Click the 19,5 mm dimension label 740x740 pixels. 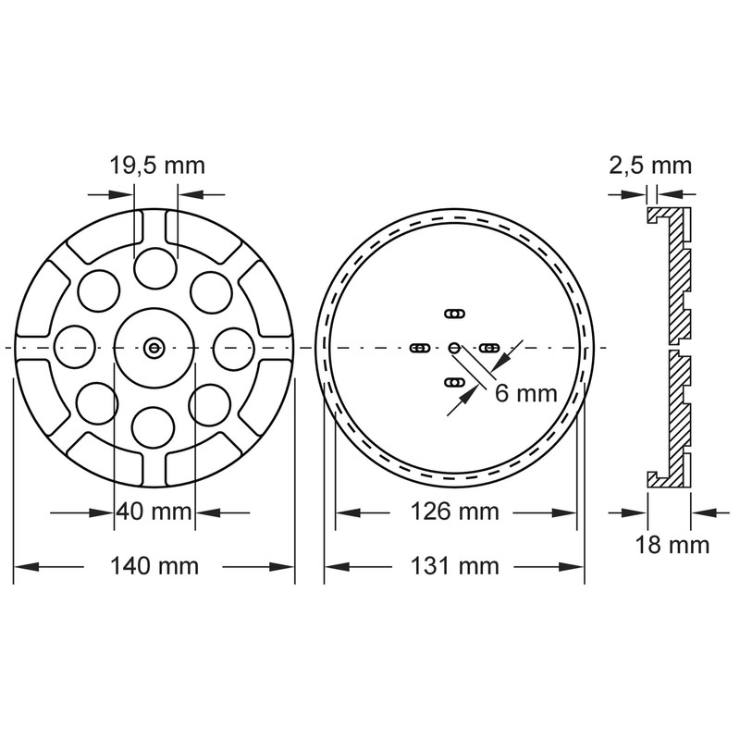pos(156,166)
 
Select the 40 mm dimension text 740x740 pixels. pos(154,512)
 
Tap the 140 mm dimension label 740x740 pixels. pos(154,565)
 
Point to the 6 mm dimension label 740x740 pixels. pos(525,393)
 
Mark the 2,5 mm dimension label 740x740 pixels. pos(650,166)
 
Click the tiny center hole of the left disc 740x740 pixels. pos(154,347)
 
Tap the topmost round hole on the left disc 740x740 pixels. pos(154,267)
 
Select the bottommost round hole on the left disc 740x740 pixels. pos(154,426)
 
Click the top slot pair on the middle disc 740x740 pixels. pos(453,314)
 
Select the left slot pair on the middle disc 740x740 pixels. pos(419,348)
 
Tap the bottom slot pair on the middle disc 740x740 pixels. pos(453,382)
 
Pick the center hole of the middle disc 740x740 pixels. pos(453,347)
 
